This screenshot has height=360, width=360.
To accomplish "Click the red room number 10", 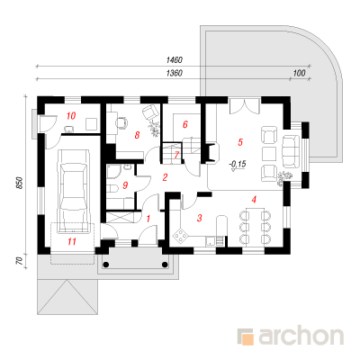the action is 71,115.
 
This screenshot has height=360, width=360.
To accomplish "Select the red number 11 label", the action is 72,241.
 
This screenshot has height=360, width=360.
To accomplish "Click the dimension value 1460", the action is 175,60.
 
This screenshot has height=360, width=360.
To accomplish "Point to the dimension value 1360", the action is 175,73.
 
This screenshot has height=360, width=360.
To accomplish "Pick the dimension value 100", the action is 299,73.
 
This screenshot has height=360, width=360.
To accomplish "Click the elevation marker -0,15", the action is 238,164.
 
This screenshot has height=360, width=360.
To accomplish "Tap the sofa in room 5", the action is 292,151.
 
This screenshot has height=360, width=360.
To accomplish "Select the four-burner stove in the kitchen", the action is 180,236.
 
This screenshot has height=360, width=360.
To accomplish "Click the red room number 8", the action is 137,135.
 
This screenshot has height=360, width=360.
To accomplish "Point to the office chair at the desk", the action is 121,122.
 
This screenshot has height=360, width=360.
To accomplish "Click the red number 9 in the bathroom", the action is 125,185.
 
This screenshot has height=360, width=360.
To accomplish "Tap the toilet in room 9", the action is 112,189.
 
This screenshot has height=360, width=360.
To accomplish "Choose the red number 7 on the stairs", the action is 176,155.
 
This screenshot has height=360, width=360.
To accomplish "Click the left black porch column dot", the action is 106,265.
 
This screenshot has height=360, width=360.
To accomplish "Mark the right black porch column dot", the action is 165,265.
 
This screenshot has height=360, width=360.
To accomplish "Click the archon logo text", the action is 301,337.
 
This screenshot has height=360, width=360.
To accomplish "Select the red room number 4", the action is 254,200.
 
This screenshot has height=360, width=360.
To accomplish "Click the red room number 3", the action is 200,218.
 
